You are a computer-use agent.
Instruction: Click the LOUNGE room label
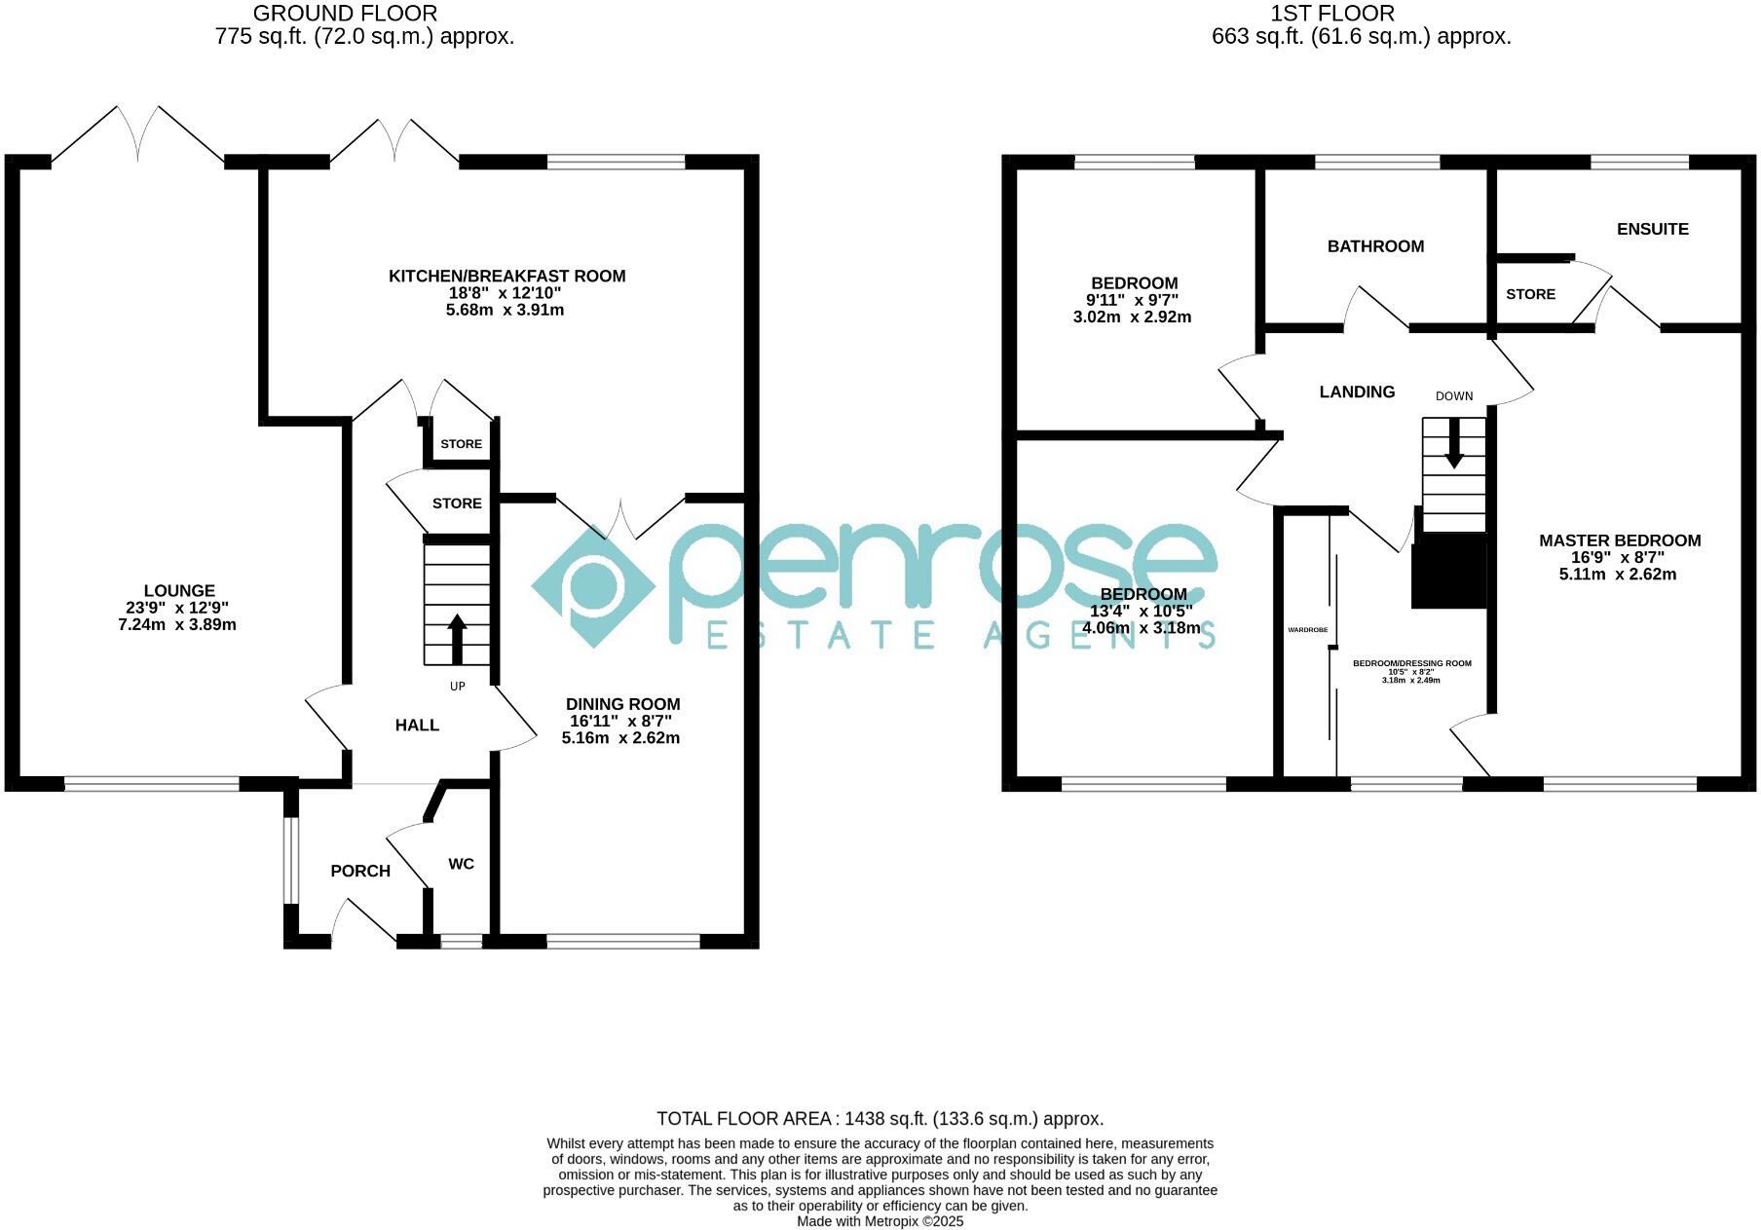[179, 590]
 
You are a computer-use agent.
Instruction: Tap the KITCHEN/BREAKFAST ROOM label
[506, 276]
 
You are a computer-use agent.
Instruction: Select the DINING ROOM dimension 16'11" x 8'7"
[620, 721]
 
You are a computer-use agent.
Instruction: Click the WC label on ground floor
[461, 864]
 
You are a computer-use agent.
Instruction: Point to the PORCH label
[360, 871]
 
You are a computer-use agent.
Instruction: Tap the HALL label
[417, 725]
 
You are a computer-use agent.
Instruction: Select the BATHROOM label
[1375, 246]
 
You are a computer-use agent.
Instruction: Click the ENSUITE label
[1652, 229]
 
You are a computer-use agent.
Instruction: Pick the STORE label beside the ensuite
[1530, 294]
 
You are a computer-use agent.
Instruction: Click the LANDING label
[1357, 391]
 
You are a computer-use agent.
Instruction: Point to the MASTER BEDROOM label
[1619, 540]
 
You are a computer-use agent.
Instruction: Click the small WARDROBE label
[1307, 630]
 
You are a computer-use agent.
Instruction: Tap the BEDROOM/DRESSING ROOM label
[1411, 663]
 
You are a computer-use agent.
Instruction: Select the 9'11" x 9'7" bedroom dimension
[1132, 300]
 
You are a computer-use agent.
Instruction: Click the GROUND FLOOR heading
[345, 14]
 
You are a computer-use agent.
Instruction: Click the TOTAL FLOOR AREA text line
[880, 1119]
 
